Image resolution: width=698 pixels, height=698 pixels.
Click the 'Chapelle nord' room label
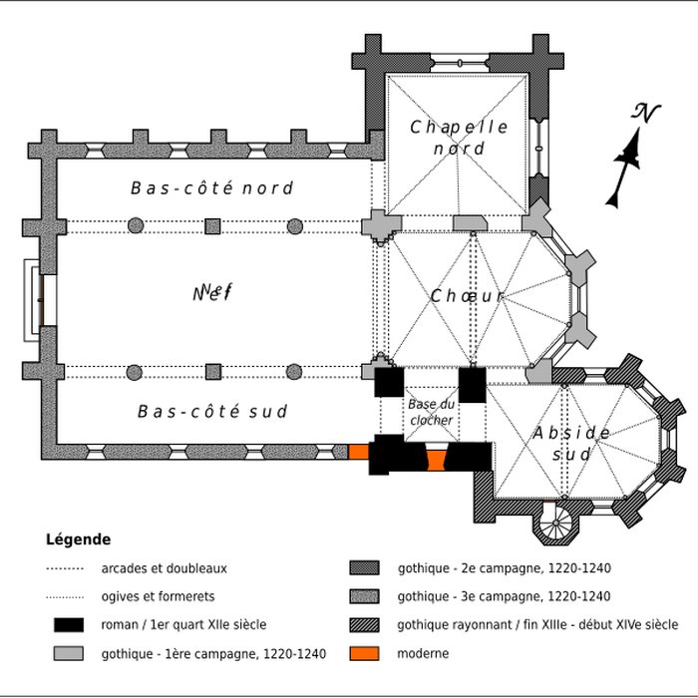click(x=459, y=138)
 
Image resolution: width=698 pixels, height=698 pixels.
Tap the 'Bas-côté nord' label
click(x=211, y=188)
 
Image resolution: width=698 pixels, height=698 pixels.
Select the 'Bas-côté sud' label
click(x=212, y=412)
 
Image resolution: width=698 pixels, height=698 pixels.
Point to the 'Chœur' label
click(x=468, y=297)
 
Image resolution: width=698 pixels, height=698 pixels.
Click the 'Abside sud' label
click(x=571, y=443)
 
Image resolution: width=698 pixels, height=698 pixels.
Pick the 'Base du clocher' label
click(x=431, y=413)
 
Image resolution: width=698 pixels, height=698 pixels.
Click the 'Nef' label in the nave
click(x=211, y=293)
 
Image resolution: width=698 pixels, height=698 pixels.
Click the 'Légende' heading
click(x=78, y=539)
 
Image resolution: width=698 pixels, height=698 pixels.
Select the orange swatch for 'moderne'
click(x=364, y=653)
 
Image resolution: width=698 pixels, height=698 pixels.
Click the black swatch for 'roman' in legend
click(x=68, y=625)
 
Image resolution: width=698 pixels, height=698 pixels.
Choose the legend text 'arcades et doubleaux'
click(x=164, y=568)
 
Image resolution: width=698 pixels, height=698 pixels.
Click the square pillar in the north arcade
click(x=212, y=225)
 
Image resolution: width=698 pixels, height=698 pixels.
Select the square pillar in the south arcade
click(x=212, y=372)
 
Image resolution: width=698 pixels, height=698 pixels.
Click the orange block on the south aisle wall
click(x=358, y=452)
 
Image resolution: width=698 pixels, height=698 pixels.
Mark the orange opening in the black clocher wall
click(x=434, y=461)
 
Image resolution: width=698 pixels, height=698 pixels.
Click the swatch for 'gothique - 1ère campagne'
click(x=68, y=653)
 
